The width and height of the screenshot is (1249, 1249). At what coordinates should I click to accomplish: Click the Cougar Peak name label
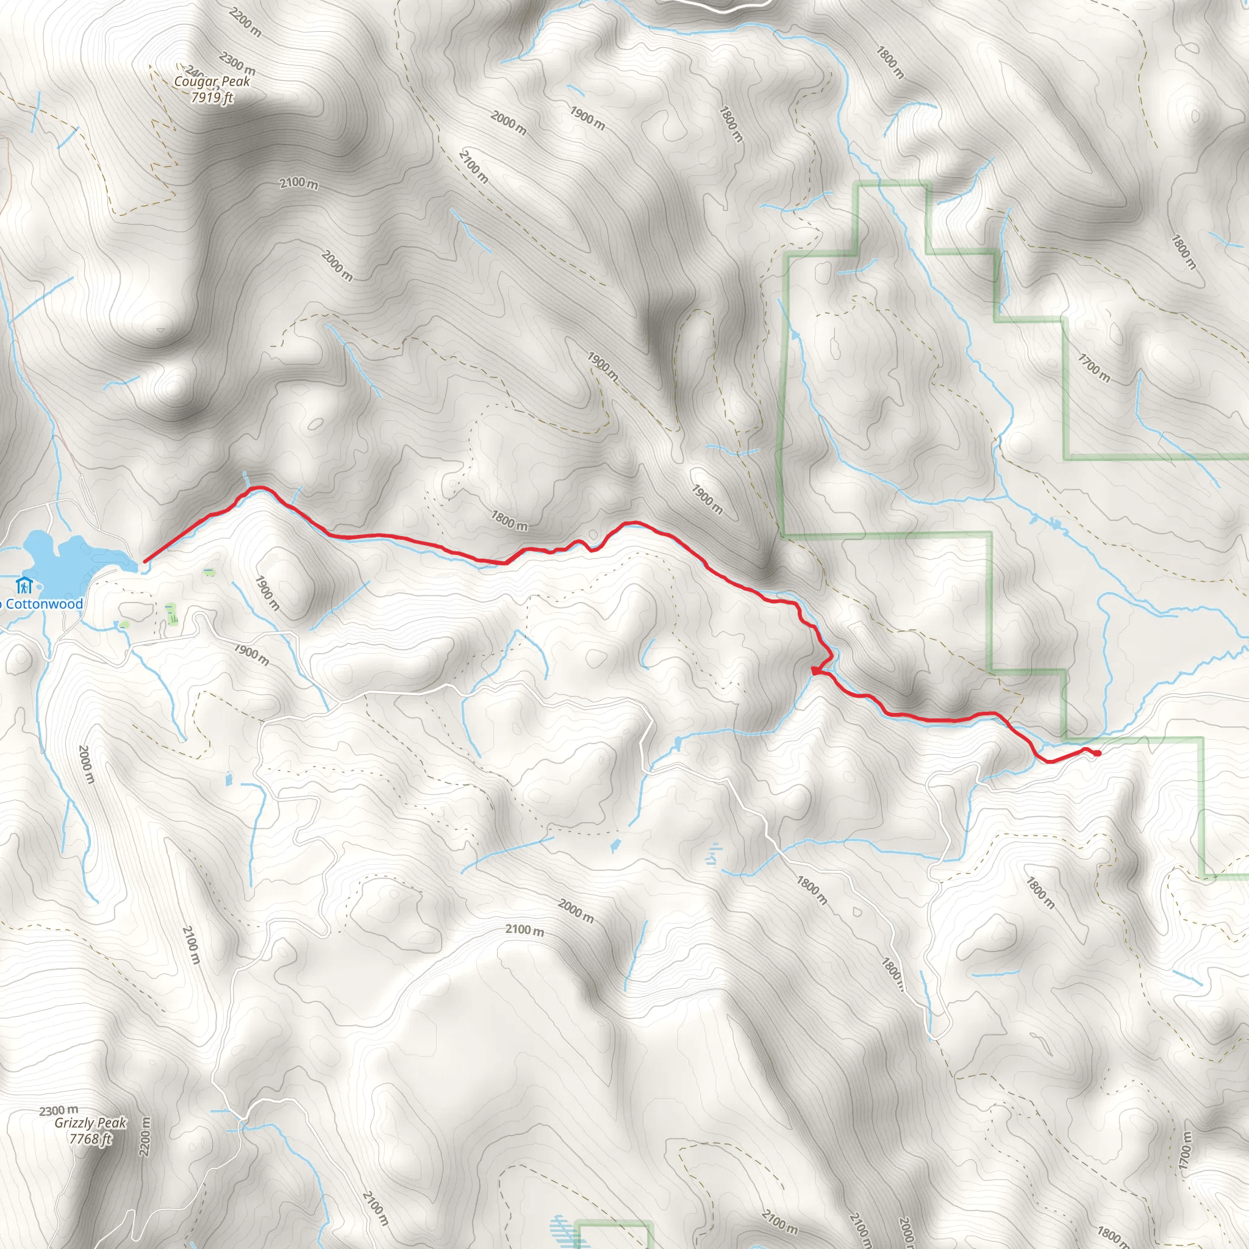212,82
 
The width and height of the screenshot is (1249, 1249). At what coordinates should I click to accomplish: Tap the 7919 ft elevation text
212,98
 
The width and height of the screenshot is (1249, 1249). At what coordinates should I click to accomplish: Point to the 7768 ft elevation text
90,1139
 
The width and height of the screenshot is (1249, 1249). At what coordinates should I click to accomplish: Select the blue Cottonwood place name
43,604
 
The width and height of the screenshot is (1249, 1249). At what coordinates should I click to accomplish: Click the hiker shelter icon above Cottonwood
24,585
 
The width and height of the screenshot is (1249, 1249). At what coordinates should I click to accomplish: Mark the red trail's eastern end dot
1097,753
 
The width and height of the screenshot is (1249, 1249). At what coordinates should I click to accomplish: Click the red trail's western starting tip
144,561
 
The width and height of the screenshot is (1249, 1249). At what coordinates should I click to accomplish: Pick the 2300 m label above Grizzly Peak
58,1111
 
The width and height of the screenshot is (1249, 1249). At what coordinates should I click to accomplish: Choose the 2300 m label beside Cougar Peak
237,63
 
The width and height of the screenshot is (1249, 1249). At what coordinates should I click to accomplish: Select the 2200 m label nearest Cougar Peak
246,23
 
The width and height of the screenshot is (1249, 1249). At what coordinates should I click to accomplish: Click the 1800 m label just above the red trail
509,520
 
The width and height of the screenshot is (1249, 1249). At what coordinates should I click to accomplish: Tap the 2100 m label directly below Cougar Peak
299,184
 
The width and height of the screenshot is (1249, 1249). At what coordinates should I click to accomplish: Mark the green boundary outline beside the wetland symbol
614,1223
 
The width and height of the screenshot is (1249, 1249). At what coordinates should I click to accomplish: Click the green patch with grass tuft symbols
171,614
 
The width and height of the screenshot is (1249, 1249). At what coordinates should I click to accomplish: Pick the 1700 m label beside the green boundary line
1094,367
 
